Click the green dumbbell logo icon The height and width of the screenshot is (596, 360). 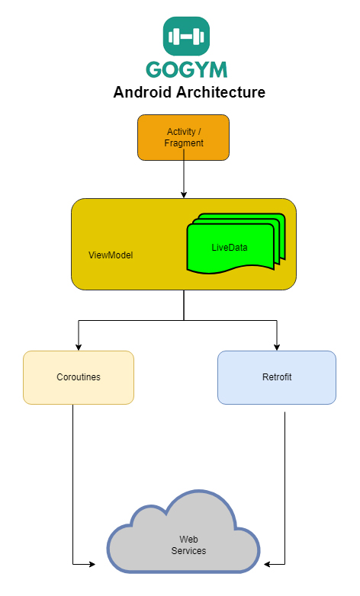pyautogui.click(x=186, y=36)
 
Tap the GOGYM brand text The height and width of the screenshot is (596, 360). pyautogui.click(x=187, y=69)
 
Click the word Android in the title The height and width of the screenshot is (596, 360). pyautogui.click(x=145, y=93)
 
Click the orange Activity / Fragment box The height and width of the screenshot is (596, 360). pyautogui.click(x=183, y=137)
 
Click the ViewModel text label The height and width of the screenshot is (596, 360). pyautogui.click(x=111, y=255)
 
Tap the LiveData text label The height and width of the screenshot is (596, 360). pyautogui.click(x=230, y=248)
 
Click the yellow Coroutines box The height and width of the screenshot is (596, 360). pyautogui.click(x=79, y=377)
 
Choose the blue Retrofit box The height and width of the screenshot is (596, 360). pyautogui.click(x=276, y=377)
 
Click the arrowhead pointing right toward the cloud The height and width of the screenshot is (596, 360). pyautogui.click(x=92, y=564)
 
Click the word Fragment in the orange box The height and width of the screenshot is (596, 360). pyautogui.click(x=184, y=143)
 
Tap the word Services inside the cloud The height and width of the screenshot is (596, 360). pyautogui.click(x=188, y=550)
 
